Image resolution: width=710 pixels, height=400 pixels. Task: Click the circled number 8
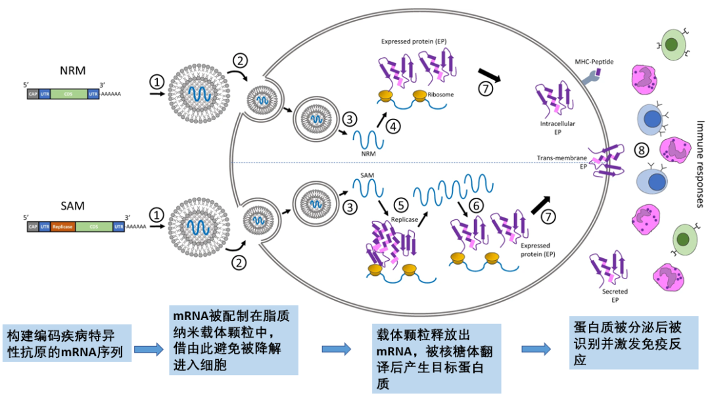point(639,150)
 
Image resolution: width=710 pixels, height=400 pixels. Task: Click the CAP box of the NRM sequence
point(33,94)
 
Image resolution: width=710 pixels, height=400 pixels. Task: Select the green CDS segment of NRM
point(69,94)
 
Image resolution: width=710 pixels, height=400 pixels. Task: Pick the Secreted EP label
point(615,296)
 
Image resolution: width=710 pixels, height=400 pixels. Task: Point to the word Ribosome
point(440,95)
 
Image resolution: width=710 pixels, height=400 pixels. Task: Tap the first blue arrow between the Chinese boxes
point(148,349)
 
